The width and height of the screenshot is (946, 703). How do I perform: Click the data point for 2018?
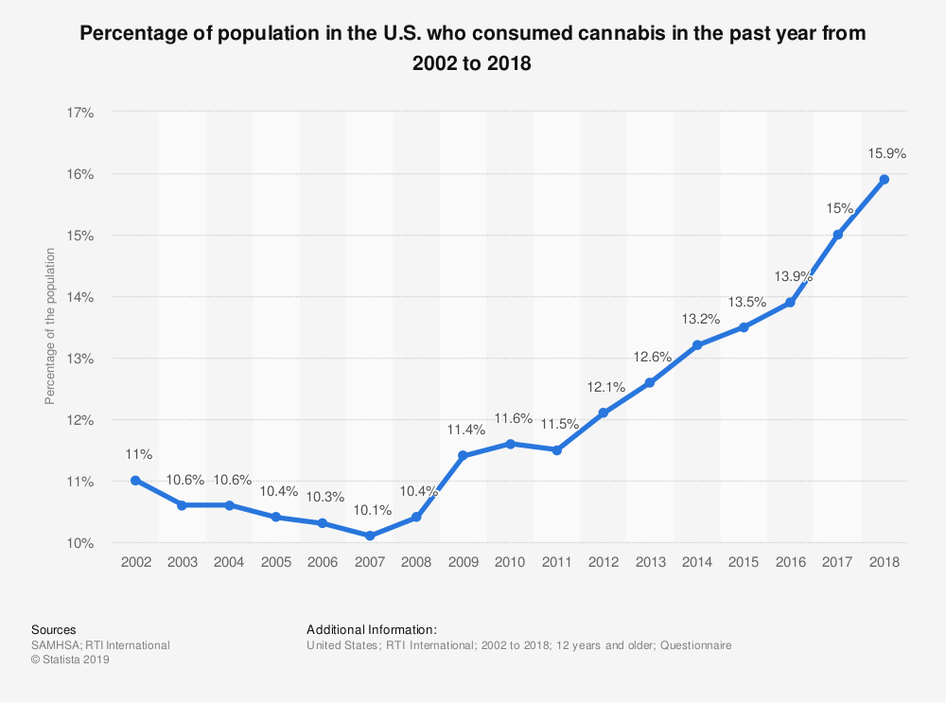(884, 179)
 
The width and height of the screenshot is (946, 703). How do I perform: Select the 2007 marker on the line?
(369, 536)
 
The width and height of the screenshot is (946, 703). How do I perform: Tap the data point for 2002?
(135, 480)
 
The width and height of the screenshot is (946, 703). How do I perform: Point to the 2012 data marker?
(603, 413)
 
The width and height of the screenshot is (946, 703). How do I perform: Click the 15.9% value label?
(887, 152)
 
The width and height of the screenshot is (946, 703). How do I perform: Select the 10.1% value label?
(372, 509)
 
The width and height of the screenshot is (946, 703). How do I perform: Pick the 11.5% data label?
(559, 423)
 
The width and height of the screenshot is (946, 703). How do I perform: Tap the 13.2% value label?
(700, 319)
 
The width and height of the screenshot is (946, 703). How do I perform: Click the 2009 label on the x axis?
(463, 562)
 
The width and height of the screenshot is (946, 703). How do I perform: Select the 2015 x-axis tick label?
(744, 562)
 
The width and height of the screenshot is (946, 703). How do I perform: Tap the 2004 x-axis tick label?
(229, 562)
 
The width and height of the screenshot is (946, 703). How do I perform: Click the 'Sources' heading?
(54, 629)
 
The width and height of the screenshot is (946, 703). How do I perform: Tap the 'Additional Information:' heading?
(371, 629)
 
